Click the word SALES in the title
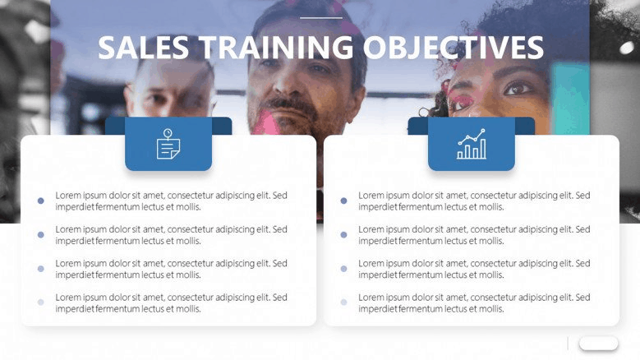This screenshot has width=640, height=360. [143, 48]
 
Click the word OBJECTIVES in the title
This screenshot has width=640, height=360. [453, 48]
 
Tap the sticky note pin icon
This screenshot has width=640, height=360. [168, 144]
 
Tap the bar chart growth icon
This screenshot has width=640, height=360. [472, 144]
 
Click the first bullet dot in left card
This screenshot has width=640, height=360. [41, 201]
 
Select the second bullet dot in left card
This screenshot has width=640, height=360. [41, 235]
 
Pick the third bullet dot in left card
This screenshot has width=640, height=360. [41, 269]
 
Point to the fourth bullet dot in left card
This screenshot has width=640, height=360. [41, 302]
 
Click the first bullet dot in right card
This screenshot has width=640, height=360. [343, 201]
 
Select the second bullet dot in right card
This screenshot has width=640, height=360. [343, 235]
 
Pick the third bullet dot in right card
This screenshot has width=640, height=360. [343, 269]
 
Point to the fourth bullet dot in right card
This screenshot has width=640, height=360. [343, 302]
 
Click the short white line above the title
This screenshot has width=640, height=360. [321, 18]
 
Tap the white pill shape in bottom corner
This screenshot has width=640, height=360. [598, 344]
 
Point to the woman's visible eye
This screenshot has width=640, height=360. [518, 88]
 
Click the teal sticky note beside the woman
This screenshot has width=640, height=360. [570, 99]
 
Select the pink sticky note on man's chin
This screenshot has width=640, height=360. [266, 122]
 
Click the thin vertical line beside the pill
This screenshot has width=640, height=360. [568, 344]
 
